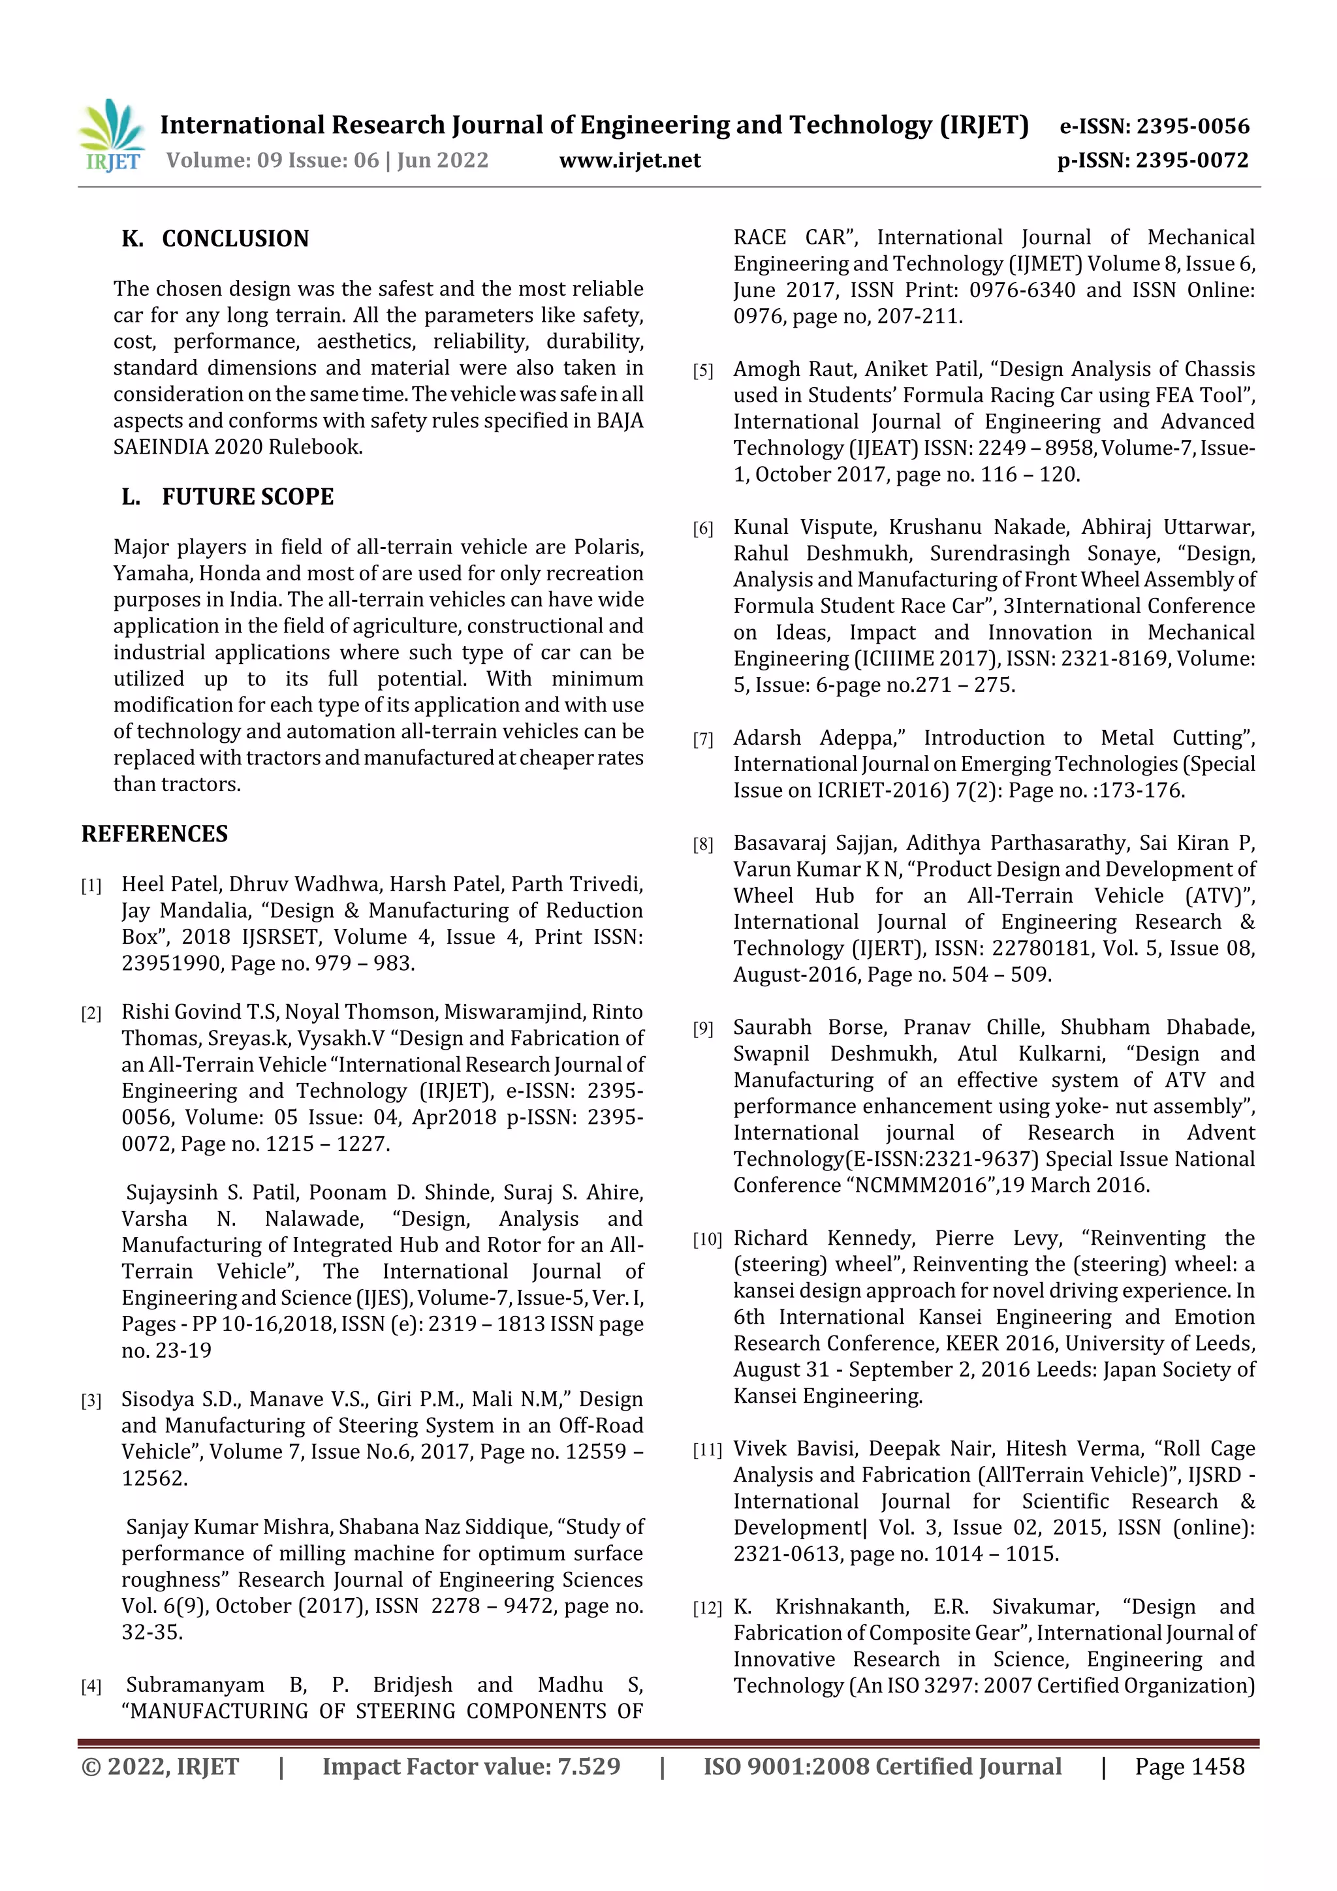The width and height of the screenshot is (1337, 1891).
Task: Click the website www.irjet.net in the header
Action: [629, 161]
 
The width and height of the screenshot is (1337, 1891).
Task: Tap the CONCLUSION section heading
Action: [235, 239]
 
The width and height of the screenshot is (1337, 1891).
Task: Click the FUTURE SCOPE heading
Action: [247, 497]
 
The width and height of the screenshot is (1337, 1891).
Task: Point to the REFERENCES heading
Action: [154, 834]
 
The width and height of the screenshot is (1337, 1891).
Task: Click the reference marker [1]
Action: [91, 886]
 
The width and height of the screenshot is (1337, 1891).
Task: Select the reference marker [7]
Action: [702, 740]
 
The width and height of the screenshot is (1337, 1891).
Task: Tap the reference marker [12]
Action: [707, 1608]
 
